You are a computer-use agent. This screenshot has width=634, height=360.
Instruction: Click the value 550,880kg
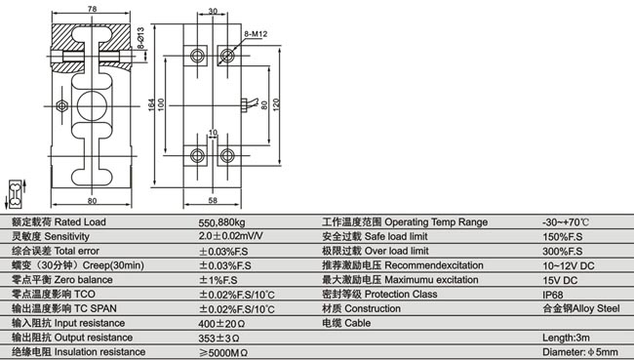(x=222, y=222)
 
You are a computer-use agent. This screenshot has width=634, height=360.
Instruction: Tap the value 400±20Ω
(x=220, y=322)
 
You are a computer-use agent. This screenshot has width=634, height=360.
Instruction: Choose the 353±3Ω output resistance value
(x=218, y=337)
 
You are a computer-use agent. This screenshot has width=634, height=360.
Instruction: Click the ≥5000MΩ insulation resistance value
(x=223, y=351)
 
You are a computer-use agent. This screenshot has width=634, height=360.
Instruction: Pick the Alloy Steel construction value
(x=580, y=307)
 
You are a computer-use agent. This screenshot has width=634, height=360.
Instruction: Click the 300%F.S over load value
(x=560, y=251)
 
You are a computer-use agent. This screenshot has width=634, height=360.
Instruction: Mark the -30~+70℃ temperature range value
(x=566, y=222)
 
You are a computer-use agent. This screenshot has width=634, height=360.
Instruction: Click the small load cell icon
(x=16, y=194)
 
